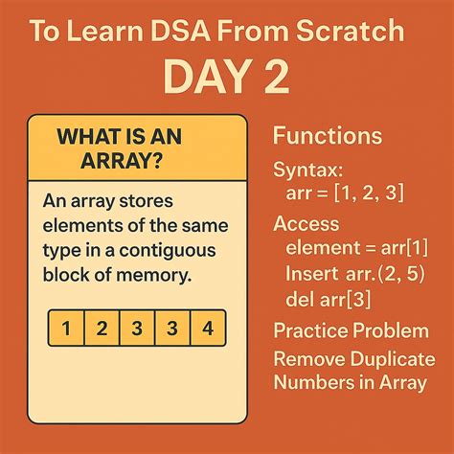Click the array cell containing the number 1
click(x=66, y=329)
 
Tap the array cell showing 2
click(x=102, y=329)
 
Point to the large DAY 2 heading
click(x=227, y=79)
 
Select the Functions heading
click(x=328, y=135)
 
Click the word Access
click(x=306, y=224)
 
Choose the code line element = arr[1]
click(x=353, y=247)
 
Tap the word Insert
click(x=311, y=273)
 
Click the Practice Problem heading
click(x=350, y=331)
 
